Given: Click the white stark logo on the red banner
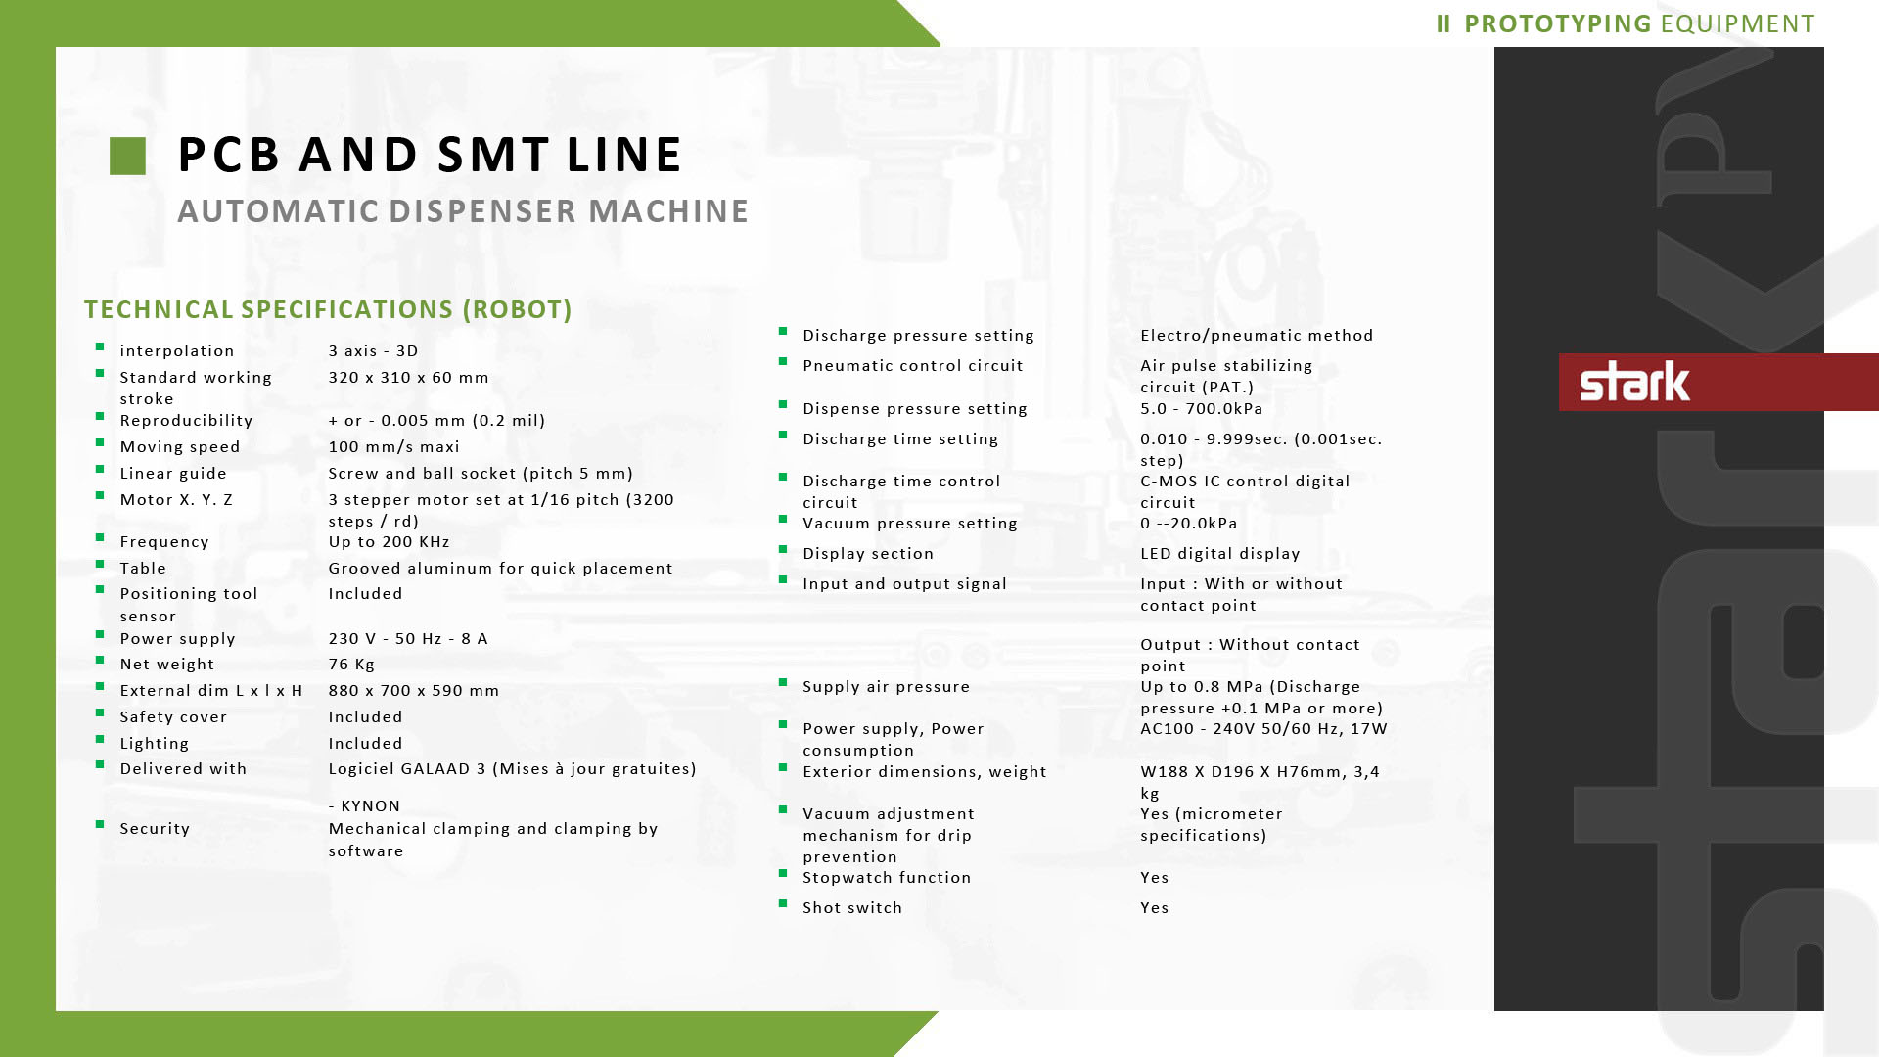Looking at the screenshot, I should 1634,382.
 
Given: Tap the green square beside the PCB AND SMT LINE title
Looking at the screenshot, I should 127,156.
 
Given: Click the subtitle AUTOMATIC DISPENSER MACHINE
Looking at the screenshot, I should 463,211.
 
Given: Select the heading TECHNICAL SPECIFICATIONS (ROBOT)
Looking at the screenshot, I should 328,309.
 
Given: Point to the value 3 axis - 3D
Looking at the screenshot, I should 373,350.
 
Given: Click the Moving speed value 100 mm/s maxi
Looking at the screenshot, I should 393,446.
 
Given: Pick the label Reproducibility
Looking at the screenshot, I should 186,420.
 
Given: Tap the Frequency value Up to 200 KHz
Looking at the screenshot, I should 389,541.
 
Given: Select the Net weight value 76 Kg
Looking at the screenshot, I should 351,664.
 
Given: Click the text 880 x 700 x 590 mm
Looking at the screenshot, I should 413,690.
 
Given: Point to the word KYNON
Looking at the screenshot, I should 370,805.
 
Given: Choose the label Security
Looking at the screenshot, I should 155,828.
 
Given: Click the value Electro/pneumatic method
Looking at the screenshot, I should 1256,335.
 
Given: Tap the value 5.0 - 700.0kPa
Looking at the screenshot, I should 1201,408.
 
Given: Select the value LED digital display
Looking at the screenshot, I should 1219,553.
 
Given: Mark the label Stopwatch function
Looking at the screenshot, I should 886,877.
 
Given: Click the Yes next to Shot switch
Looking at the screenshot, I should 1154,907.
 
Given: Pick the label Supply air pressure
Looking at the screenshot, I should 886,686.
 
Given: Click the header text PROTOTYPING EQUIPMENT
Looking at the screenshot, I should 1638,23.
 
